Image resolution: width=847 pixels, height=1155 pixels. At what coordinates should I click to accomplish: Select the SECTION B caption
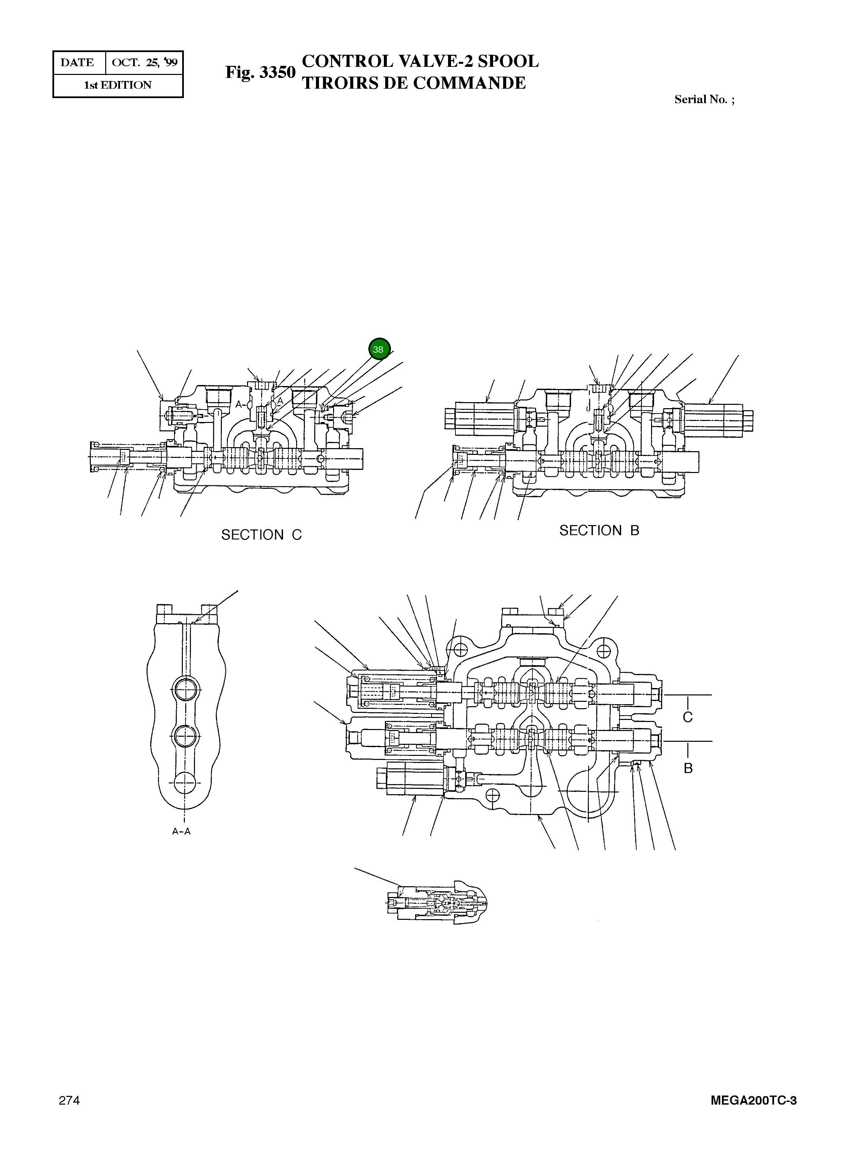tap(599, 531)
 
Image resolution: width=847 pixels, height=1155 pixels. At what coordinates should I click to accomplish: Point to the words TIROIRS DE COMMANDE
tap(414, 83)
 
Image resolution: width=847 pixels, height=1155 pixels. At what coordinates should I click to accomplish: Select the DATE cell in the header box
tap(77, 62)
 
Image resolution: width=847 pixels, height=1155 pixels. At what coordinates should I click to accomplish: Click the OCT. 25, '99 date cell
tap(145, 62)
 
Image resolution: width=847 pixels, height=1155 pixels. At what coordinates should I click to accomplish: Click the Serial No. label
tap(704, 100)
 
